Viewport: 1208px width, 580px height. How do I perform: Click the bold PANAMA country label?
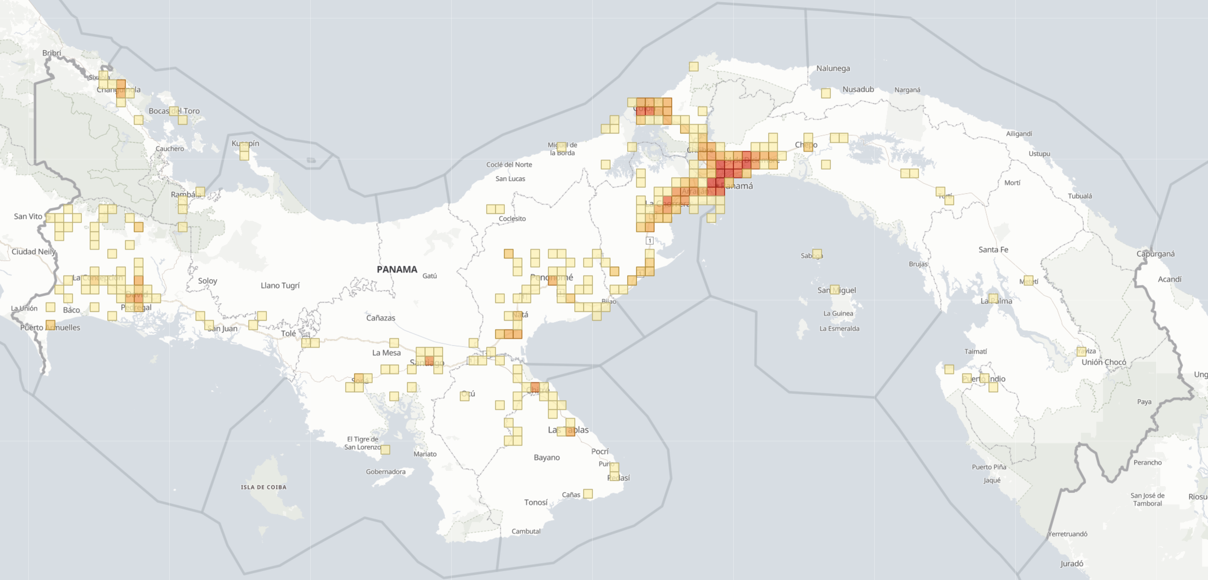coord(397,269)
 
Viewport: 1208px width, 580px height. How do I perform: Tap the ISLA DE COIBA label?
coord(264,487)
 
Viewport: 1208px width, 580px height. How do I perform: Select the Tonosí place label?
coord(536,502)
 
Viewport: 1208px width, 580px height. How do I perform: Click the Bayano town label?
coord(546,457)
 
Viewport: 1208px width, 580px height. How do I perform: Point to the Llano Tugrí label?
coord(280,285)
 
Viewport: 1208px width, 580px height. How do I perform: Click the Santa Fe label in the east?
coord(993,250)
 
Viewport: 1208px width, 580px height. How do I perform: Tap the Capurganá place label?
coord(1155,254)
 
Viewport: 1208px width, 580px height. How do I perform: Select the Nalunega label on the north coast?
coord(832,68)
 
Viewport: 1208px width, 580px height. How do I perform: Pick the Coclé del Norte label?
coord(509,164)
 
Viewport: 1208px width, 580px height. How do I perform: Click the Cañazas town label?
coord(380,318)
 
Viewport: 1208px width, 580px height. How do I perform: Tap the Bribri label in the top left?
coord(51,52)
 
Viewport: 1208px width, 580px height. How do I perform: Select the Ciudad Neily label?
coord(33,251)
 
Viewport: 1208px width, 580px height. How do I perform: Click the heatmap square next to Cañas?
coord(587,494)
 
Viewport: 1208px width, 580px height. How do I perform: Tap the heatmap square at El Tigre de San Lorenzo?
coord(385,450)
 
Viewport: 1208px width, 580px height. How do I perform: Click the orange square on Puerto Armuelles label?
coord(50,325)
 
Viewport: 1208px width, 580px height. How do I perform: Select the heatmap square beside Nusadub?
coord(826,93)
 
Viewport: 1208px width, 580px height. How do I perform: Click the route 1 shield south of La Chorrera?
coord(649,240)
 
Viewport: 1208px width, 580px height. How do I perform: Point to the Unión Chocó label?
coord(1103,362)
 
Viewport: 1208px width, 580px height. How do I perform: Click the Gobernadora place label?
coord(386,472)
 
